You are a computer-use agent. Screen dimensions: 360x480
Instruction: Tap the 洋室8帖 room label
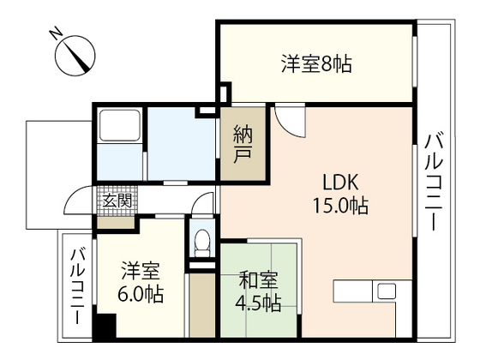317,63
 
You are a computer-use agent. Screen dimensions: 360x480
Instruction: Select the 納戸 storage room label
242,143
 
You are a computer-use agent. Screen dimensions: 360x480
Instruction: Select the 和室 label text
258,279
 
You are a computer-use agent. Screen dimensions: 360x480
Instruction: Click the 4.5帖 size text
258,302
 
